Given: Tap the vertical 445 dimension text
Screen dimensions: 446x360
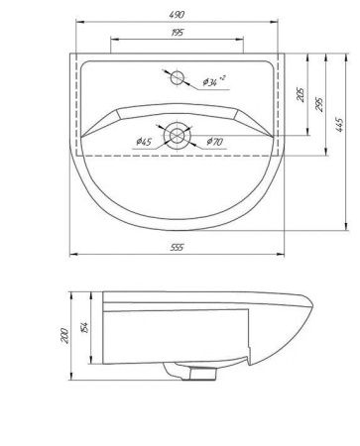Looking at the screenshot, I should tap(339, 125).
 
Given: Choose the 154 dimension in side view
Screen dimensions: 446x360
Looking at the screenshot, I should tap(85, 328).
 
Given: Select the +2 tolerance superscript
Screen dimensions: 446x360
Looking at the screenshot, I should tap(223, 75).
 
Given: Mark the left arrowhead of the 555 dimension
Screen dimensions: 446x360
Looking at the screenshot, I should tap(71, 257).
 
